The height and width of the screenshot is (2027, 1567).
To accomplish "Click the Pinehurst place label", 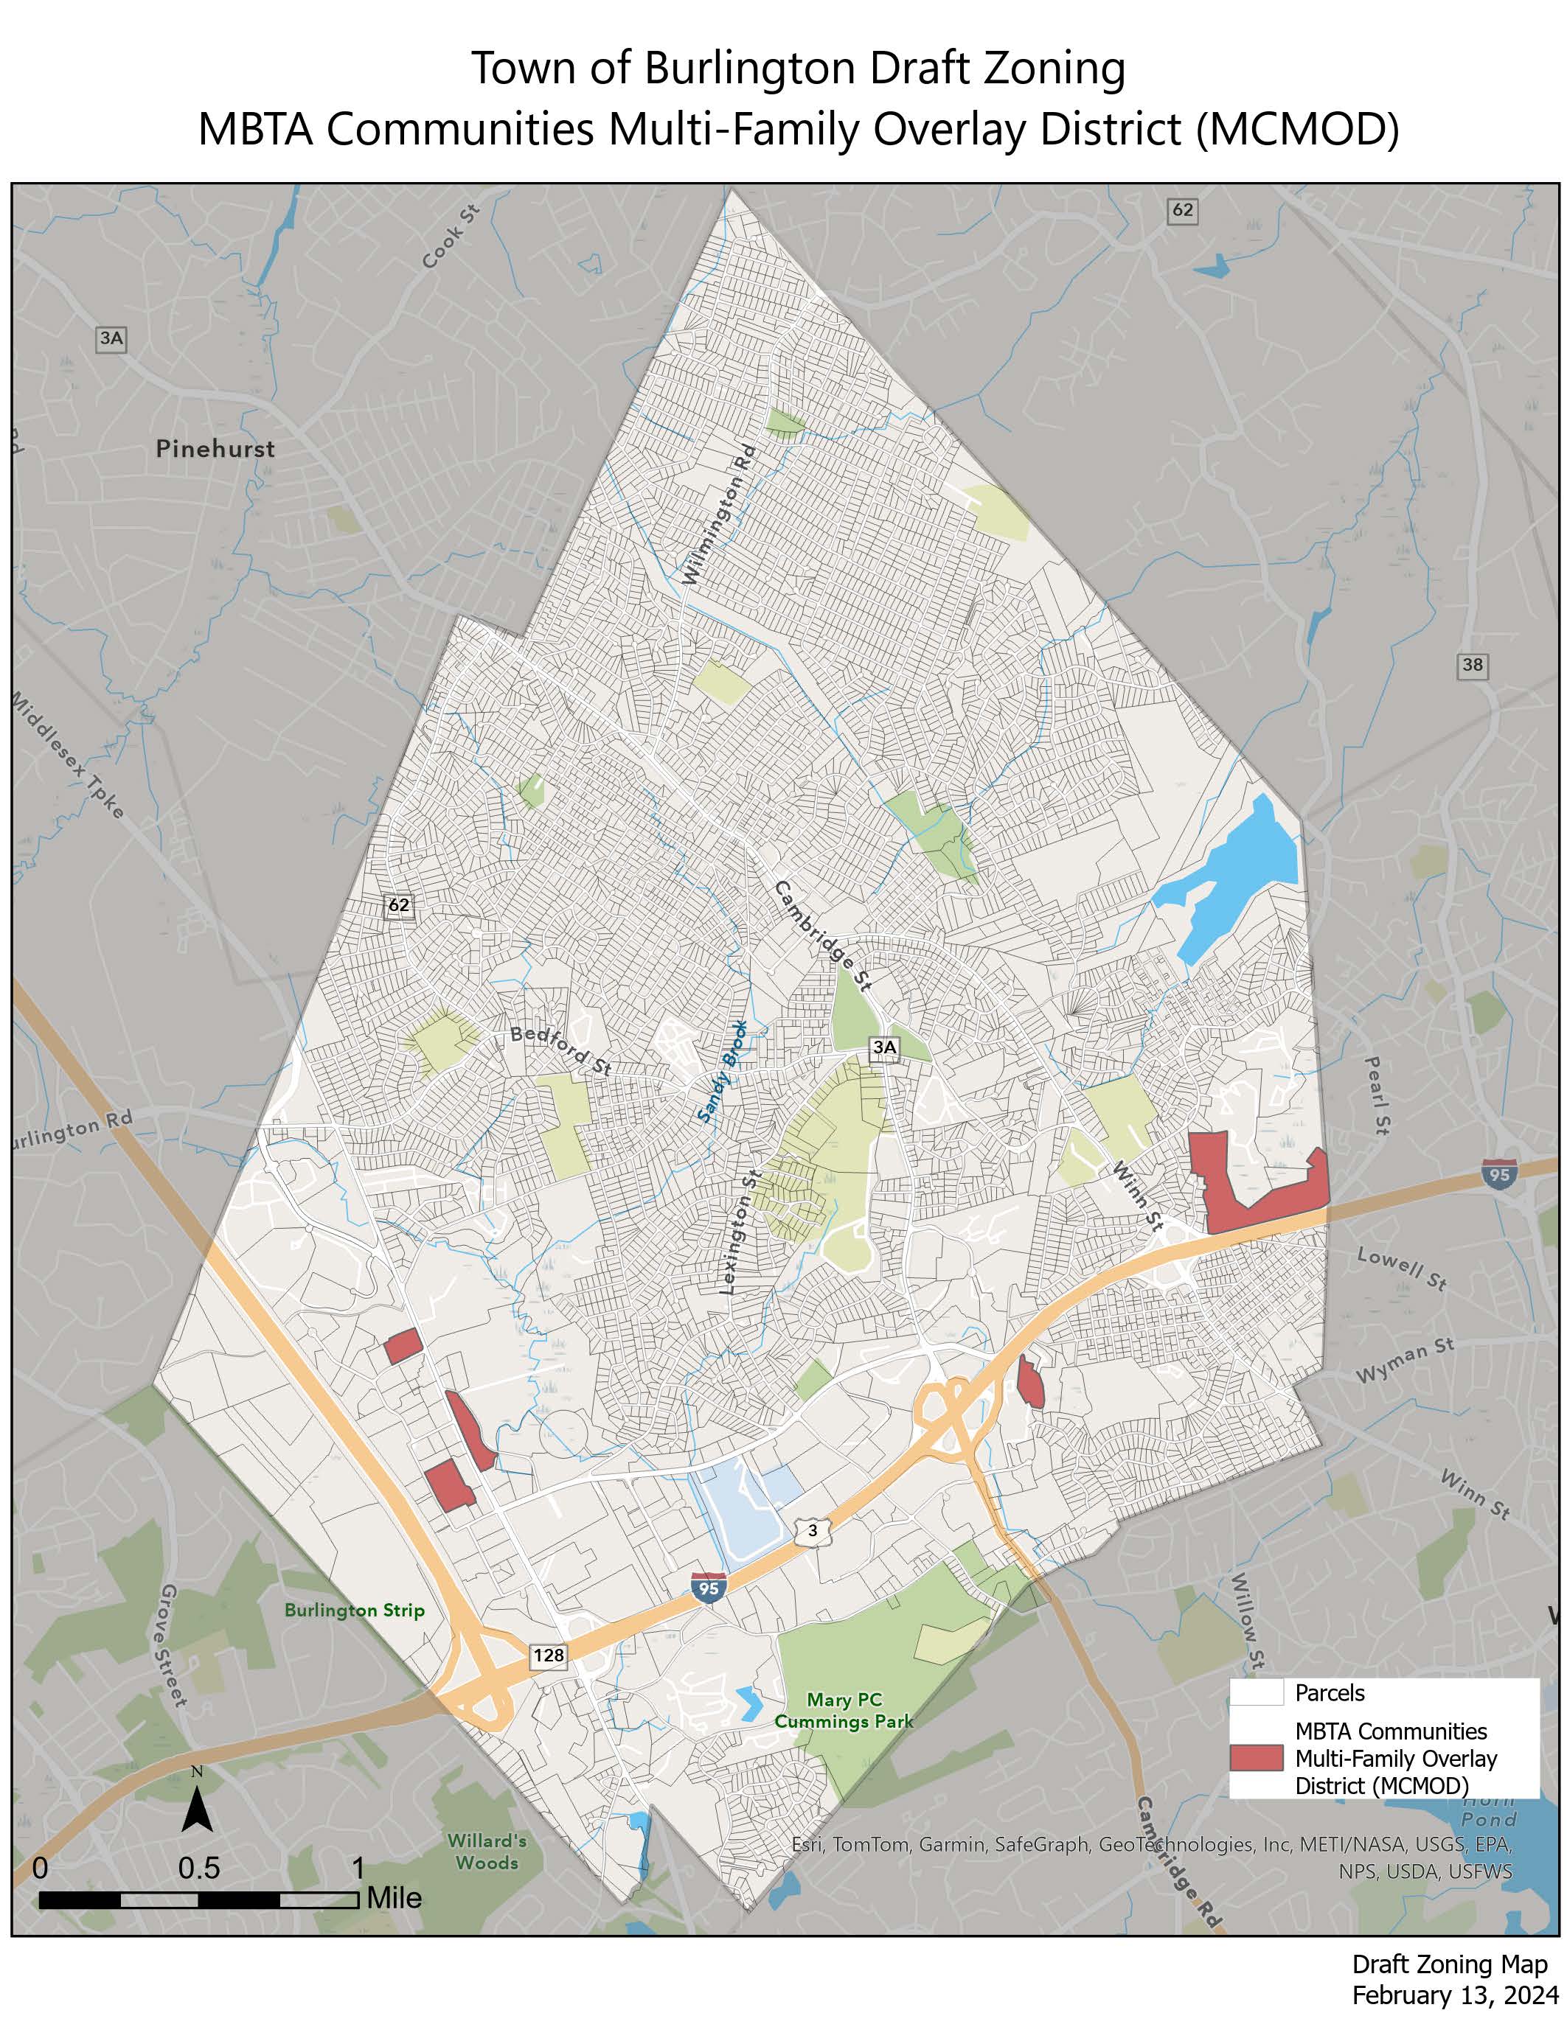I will click(215, 449).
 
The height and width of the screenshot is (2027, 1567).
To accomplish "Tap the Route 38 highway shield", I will click(1471, 665).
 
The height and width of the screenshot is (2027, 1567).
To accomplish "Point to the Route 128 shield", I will click(549, 1654).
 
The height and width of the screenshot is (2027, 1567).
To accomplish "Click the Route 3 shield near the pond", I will click(813, 1532).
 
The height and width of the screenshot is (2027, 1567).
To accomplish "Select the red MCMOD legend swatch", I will click(1256, 1758).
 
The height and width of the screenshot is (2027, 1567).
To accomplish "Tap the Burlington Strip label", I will click(354, 1611).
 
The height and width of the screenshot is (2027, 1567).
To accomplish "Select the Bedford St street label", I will click(560, 1050).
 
